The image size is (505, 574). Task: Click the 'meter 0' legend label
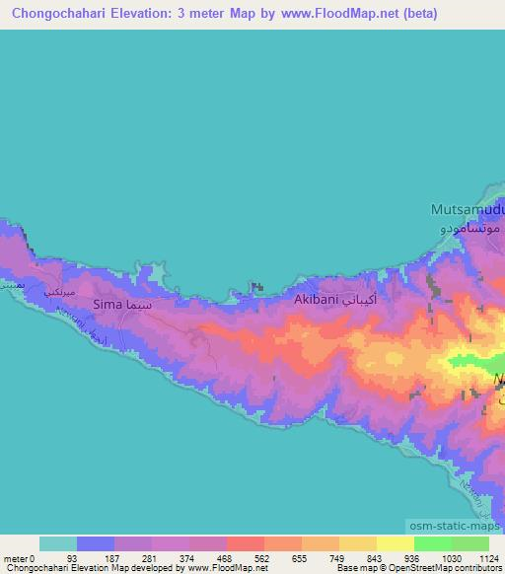tap(19, 557)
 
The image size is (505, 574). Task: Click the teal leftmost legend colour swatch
tap(58, 543)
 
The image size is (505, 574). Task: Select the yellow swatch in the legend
tap(395, 543)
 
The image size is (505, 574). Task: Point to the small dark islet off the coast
tap(257, 287)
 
